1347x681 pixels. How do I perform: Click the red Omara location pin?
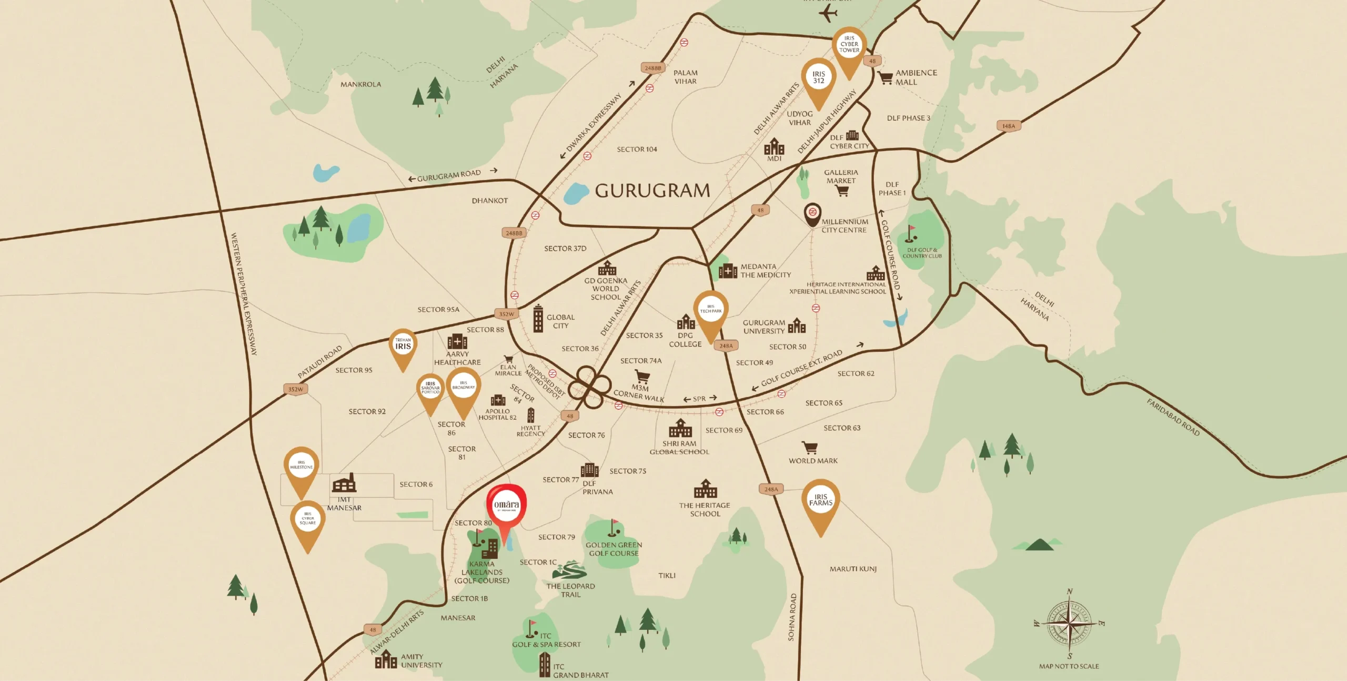(506, 507)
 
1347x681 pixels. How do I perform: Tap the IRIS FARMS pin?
(820, 501)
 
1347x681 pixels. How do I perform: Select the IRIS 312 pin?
(818, 78)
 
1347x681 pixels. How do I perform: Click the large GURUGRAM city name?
(652, 191)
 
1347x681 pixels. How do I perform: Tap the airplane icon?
(828, 13)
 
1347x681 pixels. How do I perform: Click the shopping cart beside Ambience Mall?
(885, 78)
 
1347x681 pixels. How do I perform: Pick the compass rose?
(1069, 624)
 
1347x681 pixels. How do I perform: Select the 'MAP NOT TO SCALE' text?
(1069, 666)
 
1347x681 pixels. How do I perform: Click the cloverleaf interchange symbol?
(593, 388)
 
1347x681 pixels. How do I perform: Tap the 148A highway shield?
(1008, 126)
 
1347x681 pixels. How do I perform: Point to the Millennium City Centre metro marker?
(813, 213)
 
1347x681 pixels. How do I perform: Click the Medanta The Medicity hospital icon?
(728, 271)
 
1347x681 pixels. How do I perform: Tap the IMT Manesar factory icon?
(344, 482)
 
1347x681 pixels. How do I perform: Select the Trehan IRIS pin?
(403, 345)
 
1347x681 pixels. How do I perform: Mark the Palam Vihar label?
(685, 77)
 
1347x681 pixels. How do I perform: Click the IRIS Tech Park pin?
(711, 310)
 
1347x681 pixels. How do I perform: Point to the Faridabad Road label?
(1173, 418)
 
